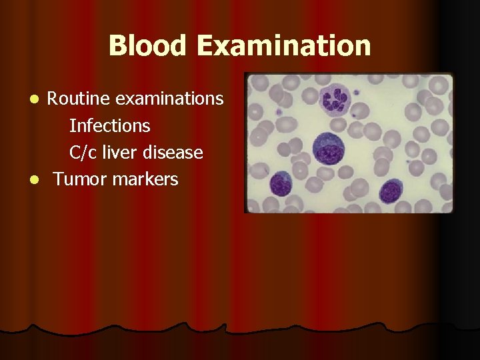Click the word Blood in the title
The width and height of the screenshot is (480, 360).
pos(148,46)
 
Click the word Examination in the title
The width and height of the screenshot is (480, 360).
pos(283,46)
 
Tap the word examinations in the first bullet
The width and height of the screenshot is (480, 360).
pos(169,99)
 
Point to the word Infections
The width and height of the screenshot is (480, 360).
pos(109,125)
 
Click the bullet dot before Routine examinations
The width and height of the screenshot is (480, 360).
pos(39,99)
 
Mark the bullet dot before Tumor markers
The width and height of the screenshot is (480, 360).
pos(39,180)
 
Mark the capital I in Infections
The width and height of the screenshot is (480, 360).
pos(72,125)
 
